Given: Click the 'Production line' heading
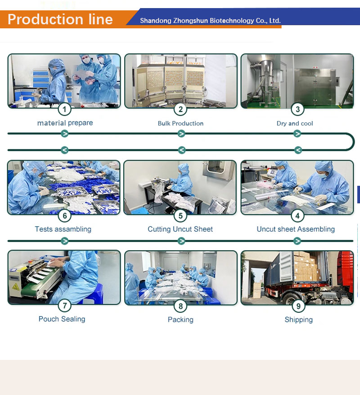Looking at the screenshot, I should click(x=60, y=19).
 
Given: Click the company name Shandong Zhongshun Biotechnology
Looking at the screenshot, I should click(x=210, y=21).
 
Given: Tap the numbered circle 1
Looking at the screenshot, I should click(x=64, y=109).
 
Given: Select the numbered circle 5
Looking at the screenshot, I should click(x=180, y=216).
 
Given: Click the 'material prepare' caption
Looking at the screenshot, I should click(x=65, y=123).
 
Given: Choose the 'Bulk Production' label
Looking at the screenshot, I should click(x=180, y=123).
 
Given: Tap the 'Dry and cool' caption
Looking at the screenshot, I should click(x=295, y=123).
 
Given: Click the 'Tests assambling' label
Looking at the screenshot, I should click(x=63, y=229).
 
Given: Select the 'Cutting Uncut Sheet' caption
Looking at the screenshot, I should click(x=180, y=229).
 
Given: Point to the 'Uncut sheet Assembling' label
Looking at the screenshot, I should click(x=296, y=229).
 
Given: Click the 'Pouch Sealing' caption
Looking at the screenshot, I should click(x=62, y=319).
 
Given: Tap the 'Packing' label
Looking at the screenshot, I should click(x=180, y=319).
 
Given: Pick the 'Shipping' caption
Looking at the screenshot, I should click(x=298, y=319).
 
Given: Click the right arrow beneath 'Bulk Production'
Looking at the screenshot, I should click(x=181, y=134).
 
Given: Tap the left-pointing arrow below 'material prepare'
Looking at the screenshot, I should click(x=64, y=150).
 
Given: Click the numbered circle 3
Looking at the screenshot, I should click(x=297, y=109).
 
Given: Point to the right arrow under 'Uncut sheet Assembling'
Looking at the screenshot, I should click(x=297, y=241).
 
